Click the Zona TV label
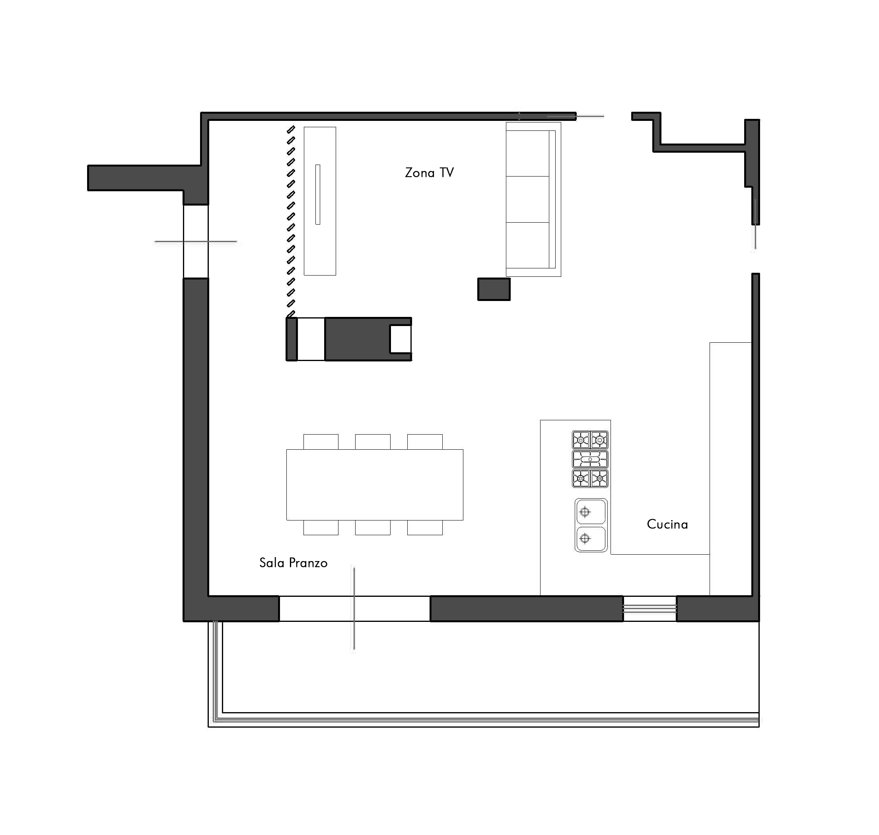point(429,173)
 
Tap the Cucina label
point(667,524)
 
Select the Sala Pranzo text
point(294,563)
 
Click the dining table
point(375,485)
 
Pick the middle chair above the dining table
point(373,442)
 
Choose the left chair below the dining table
point(321,527)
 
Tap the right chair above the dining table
point(425,442)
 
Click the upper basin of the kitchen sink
point(591,512)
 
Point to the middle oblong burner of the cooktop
point(590,459)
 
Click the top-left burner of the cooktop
point(581,440)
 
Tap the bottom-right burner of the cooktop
point(599,478)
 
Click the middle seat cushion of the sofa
point(528,199)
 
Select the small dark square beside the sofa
point(494,289)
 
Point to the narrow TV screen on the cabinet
point(317,194)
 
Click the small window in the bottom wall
point(650,608)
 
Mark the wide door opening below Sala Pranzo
point(354,608)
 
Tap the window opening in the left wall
point(196,242)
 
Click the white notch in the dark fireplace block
point(400,339)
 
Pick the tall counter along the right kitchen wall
point(731,469)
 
